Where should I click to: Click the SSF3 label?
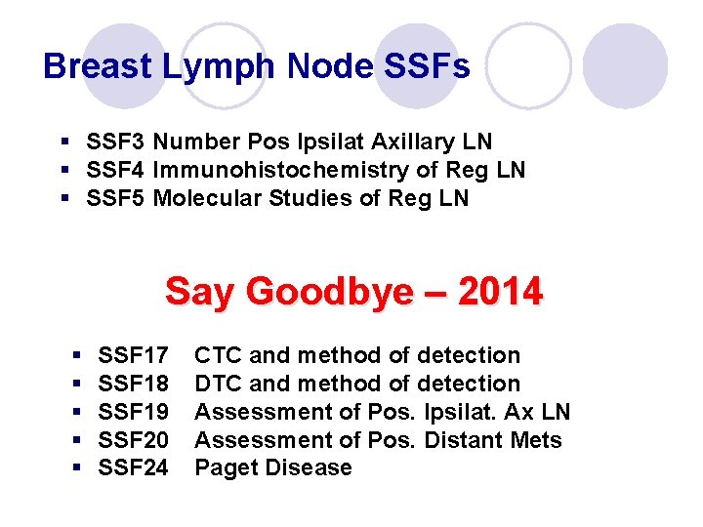(x=116, y=142)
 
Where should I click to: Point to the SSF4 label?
(x=116, y=171)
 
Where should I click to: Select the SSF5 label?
(x=116, y=199)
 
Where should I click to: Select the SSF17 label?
(x=134, y=355)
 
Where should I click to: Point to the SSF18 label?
(x=134, y=384)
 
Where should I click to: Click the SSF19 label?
(x=134, y=412)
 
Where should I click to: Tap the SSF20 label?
(x=134, y=440)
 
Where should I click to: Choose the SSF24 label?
(x=134, y=468)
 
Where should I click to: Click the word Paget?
(x=226, y=468)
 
